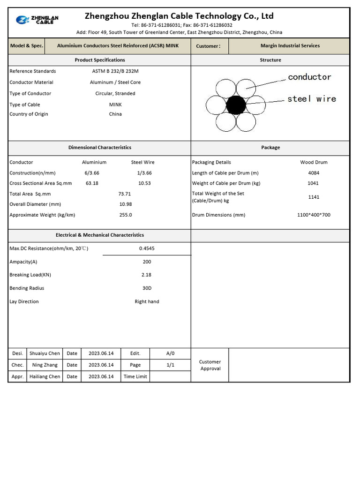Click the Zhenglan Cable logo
tap(37, 20)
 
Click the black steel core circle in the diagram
tap(236, 105)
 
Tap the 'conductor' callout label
tap(309, 77)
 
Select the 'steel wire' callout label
tap(311, 99)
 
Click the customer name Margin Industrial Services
tap(290, 46)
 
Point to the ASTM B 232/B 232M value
tap(115, 71)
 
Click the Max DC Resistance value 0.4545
tap(147, 248)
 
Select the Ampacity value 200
tap(147, 262)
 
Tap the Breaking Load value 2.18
tap(147, 275)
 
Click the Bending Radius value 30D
tap(147, 288)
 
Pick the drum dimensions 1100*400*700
tap(314, 215)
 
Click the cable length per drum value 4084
tap(314, 173)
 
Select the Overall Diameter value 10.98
tap(126, 204)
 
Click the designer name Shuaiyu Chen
tap(45, 353)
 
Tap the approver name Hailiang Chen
tap(45, 377)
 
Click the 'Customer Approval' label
tap(210, 365)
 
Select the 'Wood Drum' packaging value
tap(314, 162)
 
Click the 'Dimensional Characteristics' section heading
tap(100, 148)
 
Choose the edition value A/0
tap(171, 353)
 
